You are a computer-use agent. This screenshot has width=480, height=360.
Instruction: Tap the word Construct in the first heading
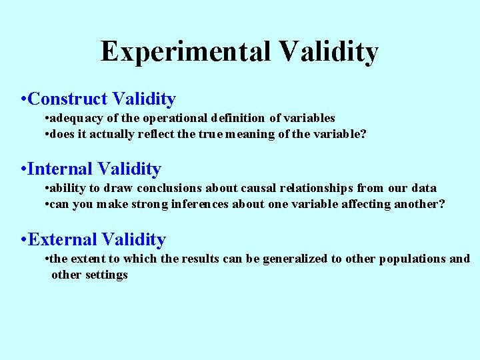coord(68,99)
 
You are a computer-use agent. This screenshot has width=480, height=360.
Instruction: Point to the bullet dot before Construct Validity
coord(24,100)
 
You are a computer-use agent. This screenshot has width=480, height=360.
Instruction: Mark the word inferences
coord(200,205)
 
